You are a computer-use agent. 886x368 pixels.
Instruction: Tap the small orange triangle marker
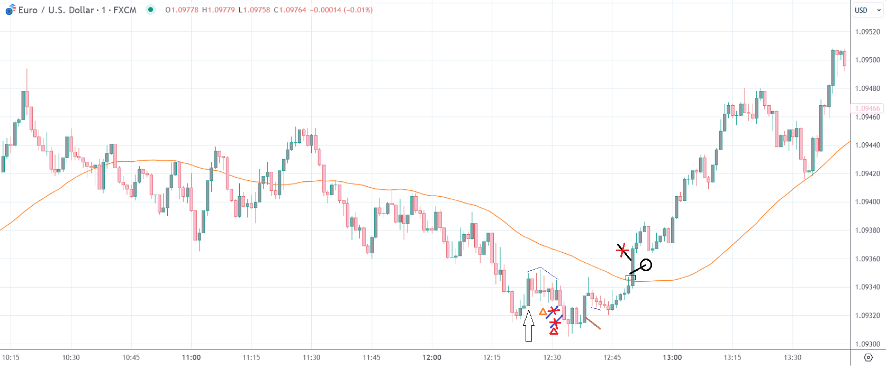543,312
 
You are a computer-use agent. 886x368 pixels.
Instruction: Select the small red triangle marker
554,332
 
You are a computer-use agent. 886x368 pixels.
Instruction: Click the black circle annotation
646,265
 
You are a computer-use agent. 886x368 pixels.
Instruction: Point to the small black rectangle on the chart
630,278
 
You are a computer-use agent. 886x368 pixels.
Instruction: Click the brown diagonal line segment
593,323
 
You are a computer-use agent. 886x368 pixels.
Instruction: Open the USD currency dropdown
867,10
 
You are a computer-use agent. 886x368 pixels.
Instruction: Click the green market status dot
151,10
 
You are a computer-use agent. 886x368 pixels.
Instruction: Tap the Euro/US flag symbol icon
10,10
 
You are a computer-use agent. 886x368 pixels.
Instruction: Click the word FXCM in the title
125,10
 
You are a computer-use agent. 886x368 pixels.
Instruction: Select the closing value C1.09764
290,10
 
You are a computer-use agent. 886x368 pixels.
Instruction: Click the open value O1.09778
182,10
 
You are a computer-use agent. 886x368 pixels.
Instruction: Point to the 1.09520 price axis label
867,32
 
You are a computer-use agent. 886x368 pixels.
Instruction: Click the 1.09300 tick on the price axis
867,344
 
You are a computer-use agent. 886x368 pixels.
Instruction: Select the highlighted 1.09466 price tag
867,108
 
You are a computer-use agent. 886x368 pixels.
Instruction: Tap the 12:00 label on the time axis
432,357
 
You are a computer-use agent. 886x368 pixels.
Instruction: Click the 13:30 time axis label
792,357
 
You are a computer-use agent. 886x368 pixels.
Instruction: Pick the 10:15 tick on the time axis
11,357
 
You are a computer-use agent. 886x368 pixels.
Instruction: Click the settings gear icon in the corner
868,357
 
